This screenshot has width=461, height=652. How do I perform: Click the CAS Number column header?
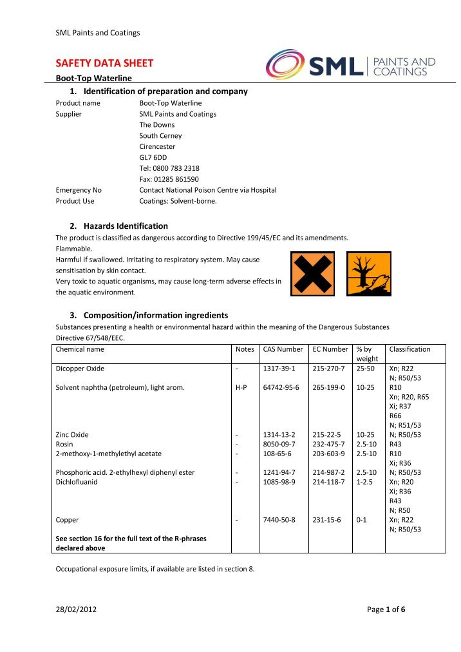[283, 349]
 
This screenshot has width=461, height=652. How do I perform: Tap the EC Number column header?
[330, 349]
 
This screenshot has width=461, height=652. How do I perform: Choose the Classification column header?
[409, 349]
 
